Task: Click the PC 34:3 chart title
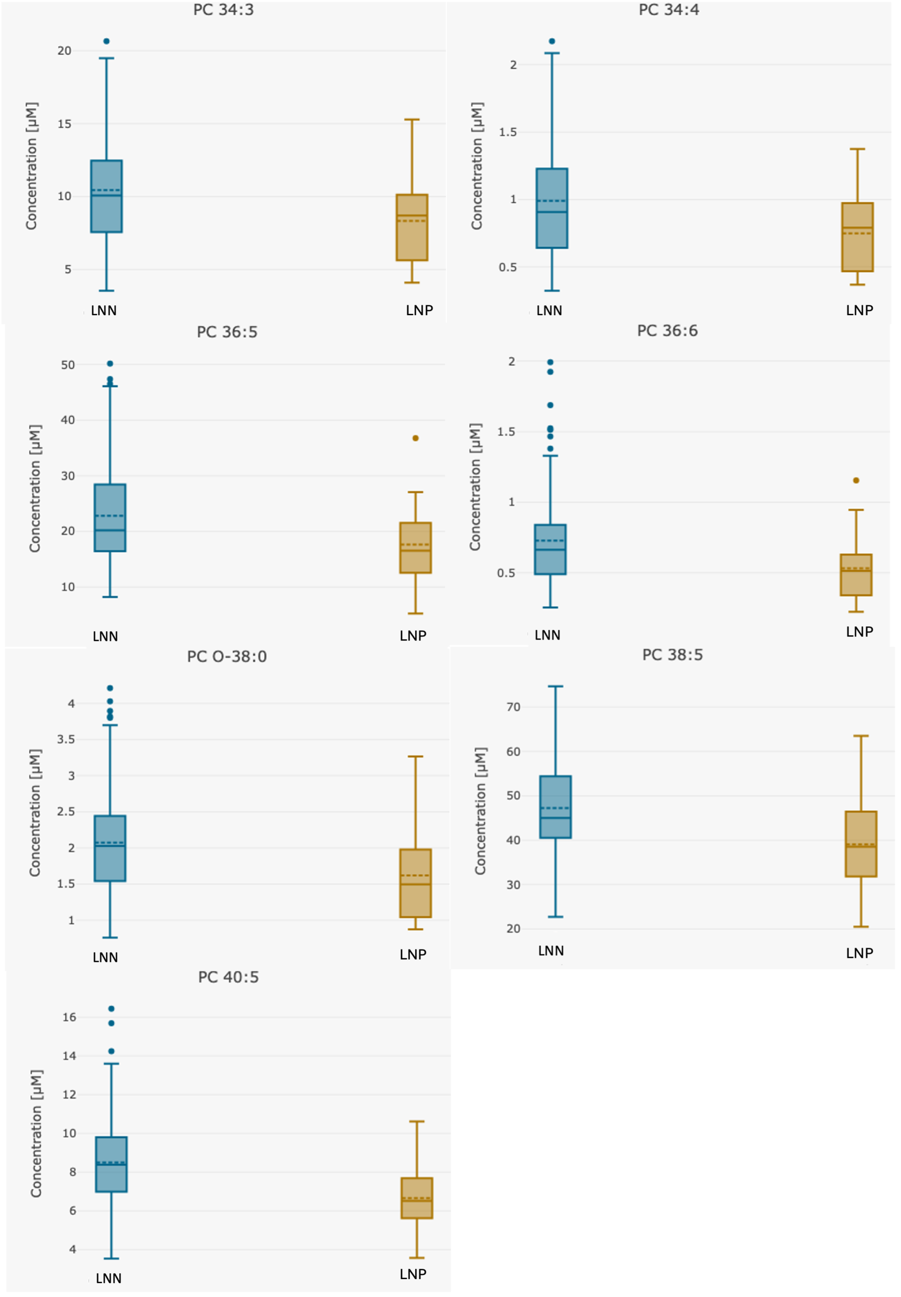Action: coord(223,10)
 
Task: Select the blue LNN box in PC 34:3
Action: coord(106,197)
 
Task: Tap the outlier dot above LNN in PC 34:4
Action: coord(551,41)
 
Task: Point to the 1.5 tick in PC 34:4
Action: coord(507,132)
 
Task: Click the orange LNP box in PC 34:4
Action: coord(857,237)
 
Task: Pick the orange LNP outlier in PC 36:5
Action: coord(416,438)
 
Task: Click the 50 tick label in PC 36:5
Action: coord(68,365)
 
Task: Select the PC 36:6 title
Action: coord(667,331)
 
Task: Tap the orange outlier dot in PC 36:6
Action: coord(856,480)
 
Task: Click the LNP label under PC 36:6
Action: coord(859,632)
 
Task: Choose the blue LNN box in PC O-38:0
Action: coord(110,848)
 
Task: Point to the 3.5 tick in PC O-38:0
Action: coord(66,739)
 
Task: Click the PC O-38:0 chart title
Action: coord(226,657)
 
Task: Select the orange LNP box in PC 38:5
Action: coord(860,844)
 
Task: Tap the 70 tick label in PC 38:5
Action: coord(513,706)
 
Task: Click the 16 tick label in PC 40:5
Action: coord(69,1017)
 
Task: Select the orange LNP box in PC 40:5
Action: coord(417,1198)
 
